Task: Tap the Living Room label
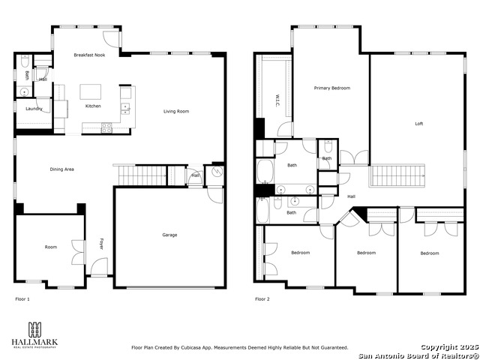[176, 112]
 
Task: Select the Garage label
[169, 235]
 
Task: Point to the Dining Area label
[61, 169]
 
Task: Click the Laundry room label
[33, 109]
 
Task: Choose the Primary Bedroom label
[331, 88]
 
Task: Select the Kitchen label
[93, 106]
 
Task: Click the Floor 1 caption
[22, 298]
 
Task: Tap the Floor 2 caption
[262, 298]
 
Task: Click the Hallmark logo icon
[34, 329]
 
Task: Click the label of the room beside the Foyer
[50, 247]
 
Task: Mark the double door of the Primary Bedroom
[354, 158]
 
